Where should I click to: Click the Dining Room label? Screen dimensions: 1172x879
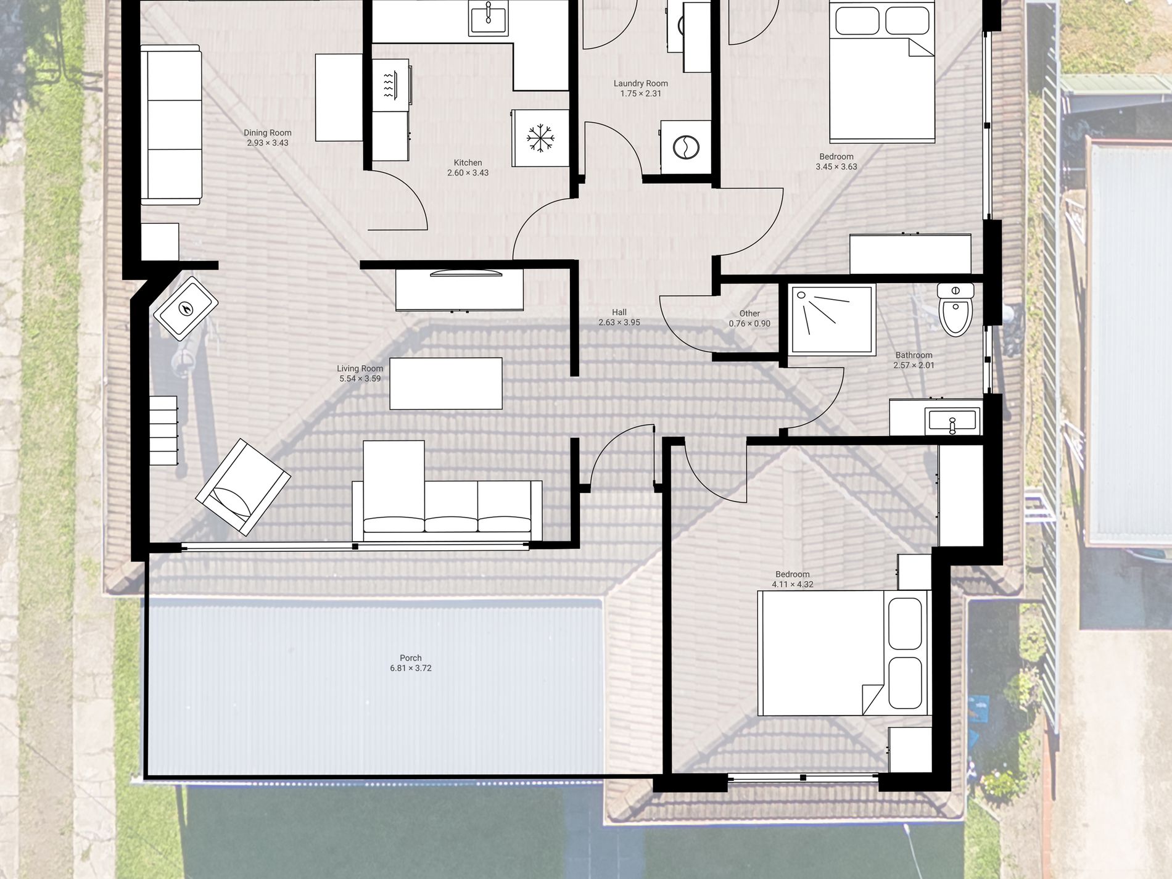coord(268,133)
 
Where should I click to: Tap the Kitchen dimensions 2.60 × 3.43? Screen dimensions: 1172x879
coord(468,173)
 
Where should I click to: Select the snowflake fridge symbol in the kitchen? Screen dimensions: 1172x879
coord(540,138)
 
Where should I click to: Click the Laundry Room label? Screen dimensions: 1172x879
coord(641,83)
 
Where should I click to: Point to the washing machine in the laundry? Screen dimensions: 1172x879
coord(685,147)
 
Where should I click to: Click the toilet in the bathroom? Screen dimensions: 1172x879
coord(955,309)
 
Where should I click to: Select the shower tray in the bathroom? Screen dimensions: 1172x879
coord(832,320)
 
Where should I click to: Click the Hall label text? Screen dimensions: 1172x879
coord(619,312)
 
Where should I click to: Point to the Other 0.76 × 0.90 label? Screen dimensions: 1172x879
coord(749,318)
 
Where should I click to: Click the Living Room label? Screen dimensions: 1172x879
coord(360,368)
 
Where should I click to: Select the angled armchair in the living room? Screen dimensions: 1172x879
coord(243,487)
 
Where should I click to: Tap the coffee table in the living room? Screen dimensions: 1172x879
coord(446,383)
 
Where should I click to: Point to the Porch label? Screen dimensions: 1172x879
coord(411,658)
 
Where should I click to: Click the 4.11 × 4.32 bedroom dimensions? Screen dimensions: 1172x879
coord(793,584)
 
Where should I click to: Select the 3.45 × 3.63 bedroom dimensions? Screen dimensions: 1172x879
coord(836,167)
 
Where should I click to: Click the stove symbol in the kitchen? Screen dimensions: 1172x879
coord(391,85)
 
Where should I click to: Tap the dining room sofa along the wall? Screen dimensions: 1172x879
coord(171,125)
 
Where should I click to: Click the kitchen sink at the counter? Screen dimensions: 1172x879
coord(489,17)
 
